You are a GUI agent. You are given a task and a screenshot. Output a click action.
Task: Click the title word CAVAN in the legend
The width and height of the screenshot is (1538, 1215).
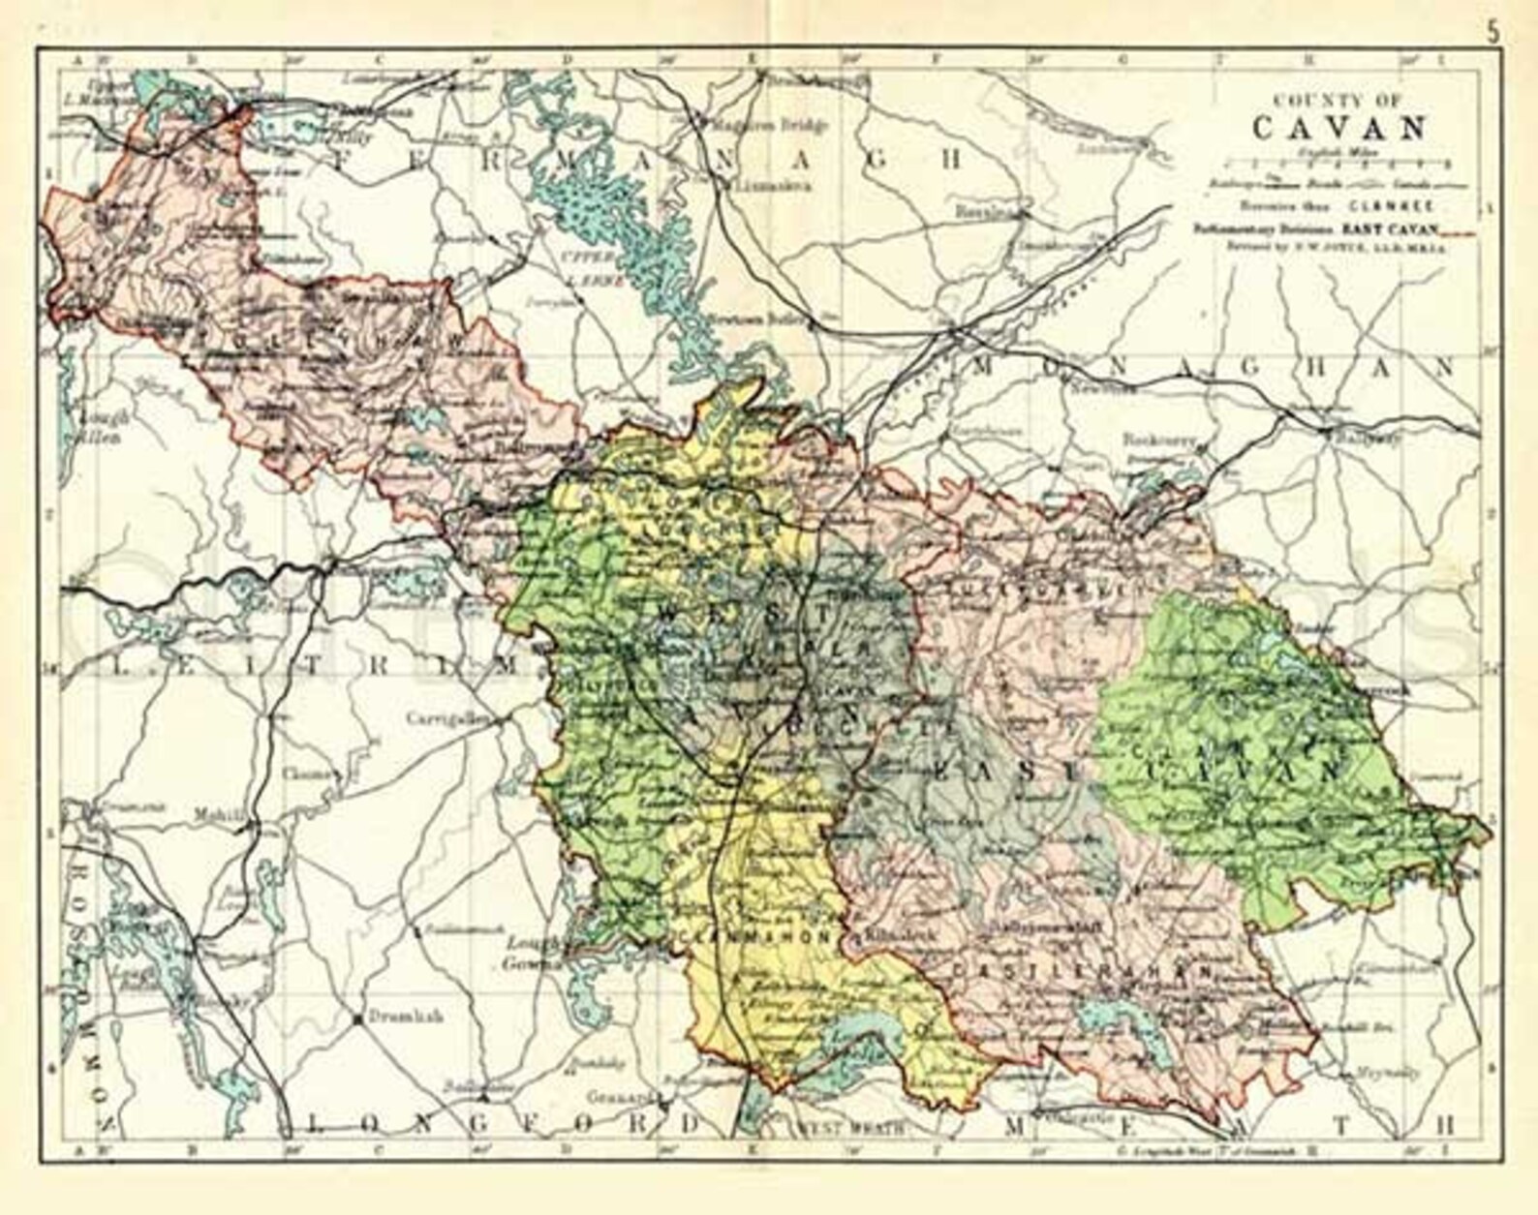click(x=1339, y=127)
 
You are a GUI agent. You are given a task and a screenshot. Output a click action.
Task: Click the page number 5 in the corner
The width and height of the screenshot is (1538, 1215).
click(x=1493, y=30)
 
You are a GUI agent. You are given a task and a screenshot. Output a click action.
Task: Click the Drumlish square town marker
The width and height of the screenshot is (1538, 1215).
click(x=360, y=1019)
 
